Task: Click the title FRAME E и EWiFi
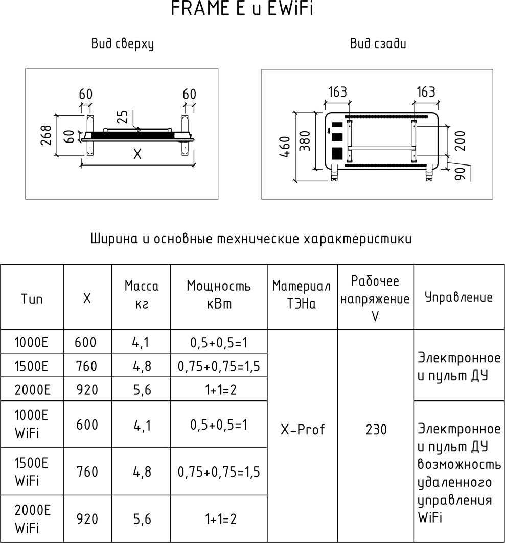click(x=241, y=9)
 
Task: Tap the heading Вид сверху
click(x=123, y=44)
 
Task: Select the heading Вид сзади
click(x=378, y=44)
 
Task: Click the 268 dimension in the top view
click(x=46, y=135)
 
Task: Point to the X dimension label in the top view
click(x=137, y=154)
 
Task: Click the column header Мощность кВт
click(x=219, y=295)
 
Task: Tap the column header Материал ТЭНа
click(x=302, y=295)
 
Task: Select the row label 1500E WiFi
click(x=32, y=471)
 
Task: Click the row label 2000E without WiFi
click(x=32, y=390)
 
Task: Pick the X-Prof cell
click(x=302, y=430)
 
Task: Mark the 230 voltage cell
click(x=376, y=430)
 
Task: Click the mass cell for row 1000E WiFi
click(x=142, y=424)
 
